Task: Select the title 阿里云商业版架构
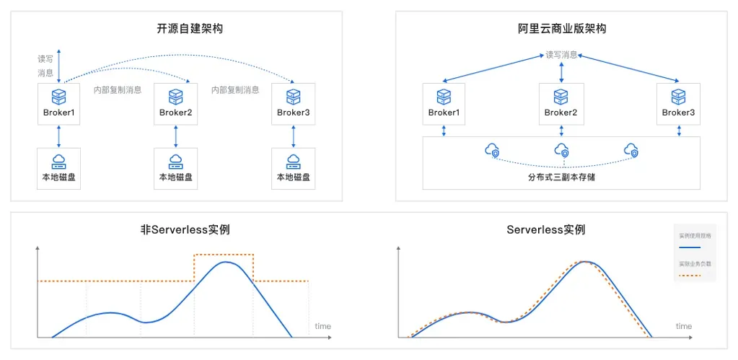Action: pos(561,29)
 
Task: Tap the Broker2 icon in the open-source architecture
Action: pos(175,97)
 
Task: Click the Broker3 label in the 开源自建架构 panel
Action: pos(293,113)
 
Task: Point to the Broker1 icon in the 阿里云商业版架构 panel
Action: pos(444,97)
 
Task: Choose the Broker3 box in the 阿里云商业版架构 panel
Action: pos(678,104)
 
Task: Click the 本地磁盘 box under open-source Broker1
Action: pos(58,169)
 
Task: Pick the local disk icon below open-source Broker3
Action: pos(293,161)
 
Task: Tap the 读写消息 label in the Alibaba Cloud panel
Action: pos(561,55)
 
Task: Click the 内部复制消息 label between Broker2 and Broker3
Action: pos(235,90)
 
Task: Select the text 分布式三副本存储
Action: pos(561,176)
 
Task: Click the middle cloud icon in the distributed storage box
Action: pos(561,150)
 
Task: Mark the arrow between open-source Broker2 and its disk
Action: pos(175,136)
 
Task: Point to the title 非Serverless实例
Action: pos(190,230)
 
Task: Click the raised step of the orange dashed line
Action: pos(224,255)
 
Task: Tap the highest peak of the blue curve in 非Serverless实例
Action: pos(227,262)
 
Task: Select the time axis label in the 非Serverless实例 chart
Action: pos(322,327)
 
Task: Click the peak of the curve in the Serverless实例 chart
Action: pos(588,261)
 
